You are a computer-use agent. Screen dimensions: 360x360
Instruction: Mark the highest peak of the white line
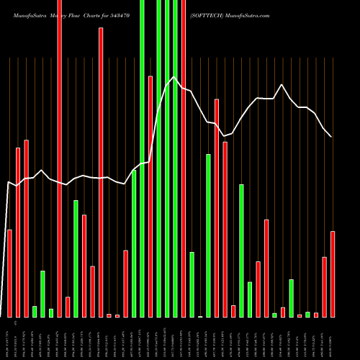click(174, 77)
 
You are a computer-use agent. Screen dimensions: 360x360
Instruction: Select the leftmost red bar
click(9, 273)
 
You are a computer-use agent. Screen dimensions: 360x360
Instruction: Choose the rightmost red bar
click(333, 274)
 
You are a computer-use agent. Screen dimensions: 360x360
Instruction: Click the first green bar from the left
click(35, 311)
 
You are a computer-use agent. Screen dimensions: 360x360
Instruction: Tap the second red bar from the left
click(18, 232)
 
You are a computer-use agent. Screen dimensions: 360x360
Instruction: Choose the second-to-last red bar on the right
click(325, 287)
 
